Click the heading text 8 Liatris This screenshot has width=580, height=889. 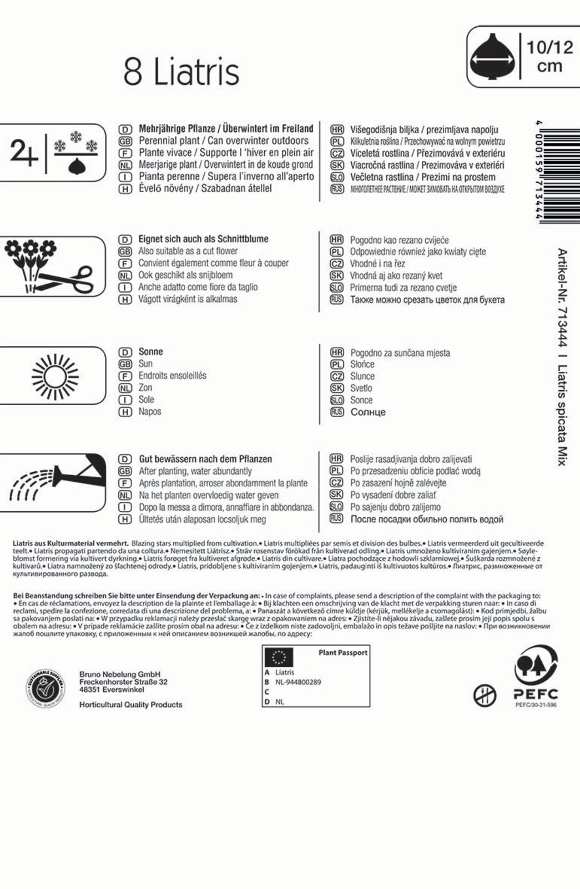pos(181,72)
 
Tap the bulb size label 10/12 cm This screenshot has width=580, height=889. pos(549,56)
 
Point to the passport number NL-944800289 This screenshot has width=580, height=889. pos(298,682)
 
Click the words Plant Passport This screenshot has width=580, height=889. pos(342,653)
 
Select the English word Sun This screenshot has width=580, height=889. pos(145,364)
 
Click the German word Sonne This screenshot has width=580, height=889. pos(150,352)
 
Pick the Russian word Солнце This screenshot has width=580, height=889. pos(368,412)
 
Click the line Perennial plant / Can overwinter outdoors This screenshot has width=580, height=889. pos(223,141)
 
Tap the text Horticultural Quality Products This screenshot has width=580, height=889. pos(130,705)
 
